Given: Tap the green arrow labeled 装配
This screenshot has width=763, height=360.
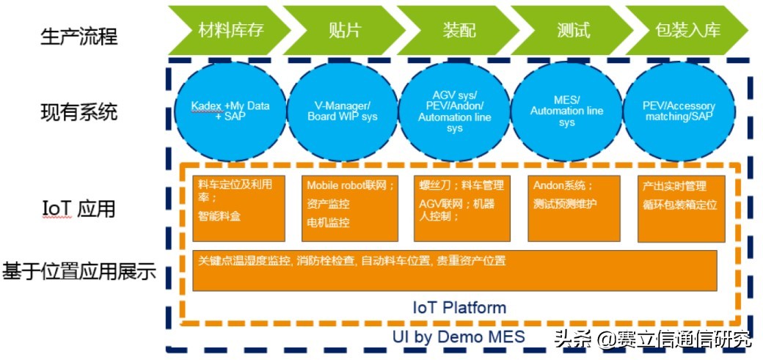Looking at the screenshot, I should [459, 30].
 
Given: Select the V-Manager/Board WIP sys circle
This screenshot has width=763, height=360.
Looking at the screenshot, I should [341, 111].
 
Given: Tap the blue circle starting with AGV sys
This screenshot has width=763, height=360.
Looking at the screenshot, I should [454, 111].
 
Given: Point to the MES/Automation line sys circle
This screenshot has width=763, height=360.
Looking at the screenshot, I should [566, 111].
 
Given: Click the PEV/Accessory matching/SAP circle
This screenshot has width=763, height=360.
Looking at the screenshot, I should [679, 111].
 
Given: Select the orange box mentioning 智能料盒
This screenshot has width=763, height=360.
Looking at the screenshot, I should [238, 208].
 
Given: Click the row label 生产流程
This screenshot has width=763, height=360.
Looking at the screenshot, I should [79, 34].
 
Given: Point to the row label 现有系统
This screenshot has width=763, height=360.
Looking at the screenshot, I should [79, 112].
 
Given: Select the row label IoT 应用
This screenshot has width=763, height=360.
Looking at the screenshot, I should [79, 209].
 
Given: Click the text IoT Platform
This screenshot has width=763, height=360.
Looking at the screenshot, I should [459, 306].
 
